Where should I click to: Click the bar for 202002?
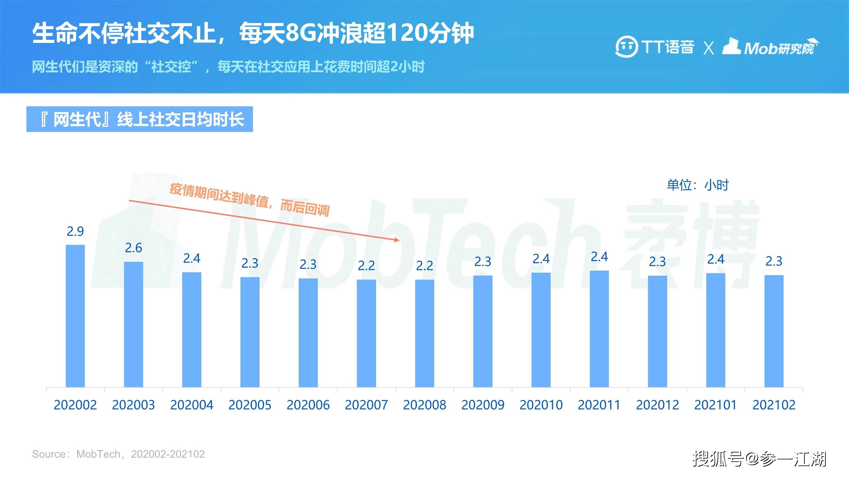click(75, 316)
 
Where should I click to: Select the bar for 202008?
click(425, 333)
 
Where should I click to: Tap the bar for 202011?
click(599, 328)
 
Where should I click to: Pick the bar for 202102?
click(774, 331)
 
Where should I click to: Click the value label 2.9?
click(75, 232)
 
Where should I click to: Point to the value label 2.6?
click(133, 248)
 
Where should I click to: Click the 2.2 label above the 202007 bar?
click(366, 266)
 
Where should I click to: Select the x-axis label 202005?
click(250, 405)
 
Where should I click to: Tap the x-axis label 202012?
click(658, 405)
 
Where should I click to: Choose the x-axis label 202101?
click(716, 405)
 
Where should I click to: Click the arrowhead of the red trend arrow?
click(397, 240)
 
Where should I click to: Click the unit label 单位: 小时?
click(697, 185)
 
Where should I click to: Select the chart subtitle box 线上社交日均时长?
click(139, 119)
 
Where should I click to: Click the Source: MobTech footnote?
click(118, 454)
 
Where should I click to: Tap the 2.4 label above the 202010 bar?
click(541, 259)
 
